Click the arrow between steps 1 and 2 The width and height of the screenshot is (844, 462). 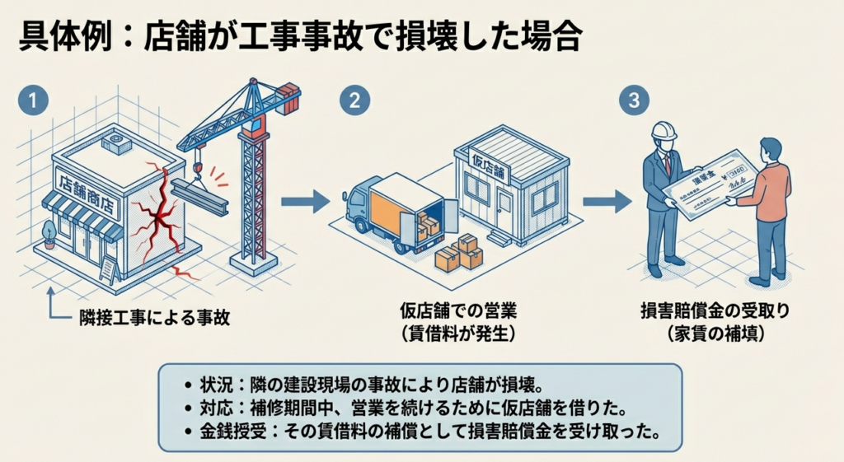pyautogui.click(x=304, y=201)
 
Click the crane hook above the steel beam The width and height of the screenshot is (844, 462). pyautogui.click(x=199, y=168)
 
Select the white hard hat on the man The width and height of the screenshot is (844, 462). pyautogui.click(x=663, y=131)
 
